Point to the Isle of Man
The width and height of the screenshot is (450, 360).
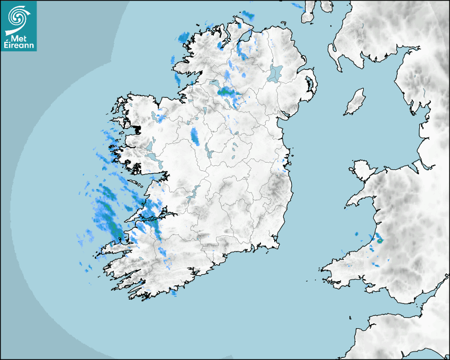point(355,102)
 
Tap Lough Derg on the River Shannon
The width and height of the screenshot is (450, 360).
point(194,191)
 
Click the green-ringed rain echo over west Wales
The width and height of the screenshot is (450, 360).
point(380,241)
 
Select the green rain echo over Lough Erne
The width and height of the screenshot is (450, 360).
point(228,92)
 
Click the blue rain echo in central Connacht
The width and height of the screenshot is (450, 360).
point(195,136)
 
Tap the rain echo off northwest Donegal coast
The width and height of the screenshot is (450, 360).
point(184,37)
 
